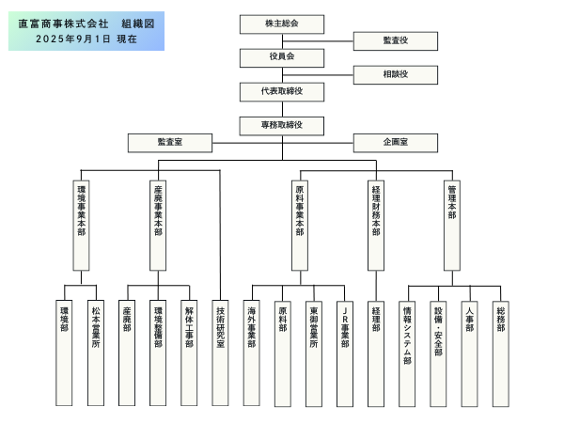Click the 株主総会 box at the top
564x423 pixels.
(282, 22)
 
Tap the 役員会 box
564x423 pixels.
(282, 56)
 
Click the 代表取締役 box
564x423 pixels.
(282, 91)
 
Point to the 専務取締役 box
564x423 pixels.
(282, 124)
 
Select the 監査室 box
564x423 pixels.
(170, 142)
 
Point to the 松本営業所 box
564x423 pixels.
(95, 338)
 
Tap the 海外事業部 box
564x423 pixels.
(252, 338)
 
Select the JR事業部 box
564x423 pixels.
(345, 338)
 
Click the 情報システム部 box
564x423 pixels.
(407, 338)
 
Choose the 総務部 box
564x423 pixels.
(501, 338)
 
